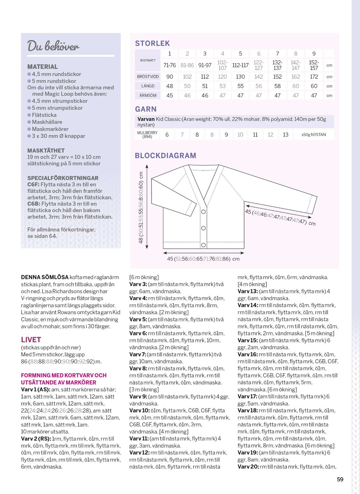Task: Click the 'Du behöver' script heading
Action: (x=53, y=46)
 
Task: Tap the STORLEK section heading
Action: (x=152, y=44)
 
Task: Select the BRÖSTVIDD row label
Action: (x=148, y=77)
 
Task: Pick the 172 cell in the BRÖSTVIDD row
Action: (x=314, y=77)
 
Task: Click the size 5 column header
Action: (x=240, y=54)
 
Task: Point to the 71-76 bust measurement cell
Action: (x=170, y=65)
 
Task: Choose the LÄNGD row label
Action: (x=148, y=86)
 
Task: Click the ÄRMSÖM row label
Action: (x=148, y=95)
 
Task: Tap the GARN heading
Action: (x=146, y=109)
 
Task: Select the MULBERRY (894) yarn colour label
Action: (x=147, y=135)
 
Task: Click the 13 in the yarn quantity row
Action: (x=285, y=135)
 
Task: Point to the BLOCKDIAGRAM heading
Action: (x=166, y=155)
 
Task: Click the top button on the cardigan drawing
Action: (x=204, y=212)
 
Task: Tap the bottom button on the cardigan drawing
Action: (x=203, y=245)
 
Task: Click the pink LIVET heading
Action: (x=31, y=340)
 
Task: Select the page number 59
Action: (x=340, y=479)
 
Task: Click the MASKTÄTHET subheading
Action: (x=46, y=150)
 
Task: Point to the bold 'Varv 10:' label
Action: (x=139, y=411)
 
